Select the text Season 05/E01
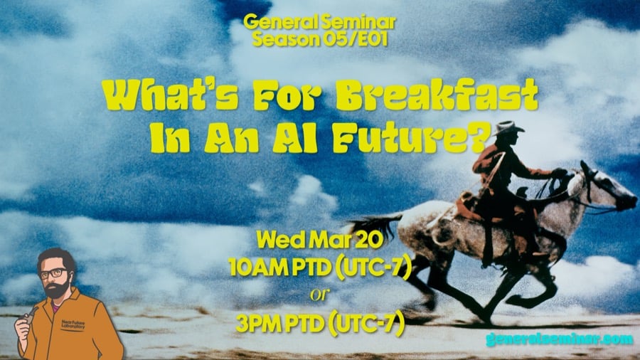tap(319, 40)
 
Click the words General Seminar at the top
tap(319, 23)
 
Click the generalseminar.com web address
tap(559, 339)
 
